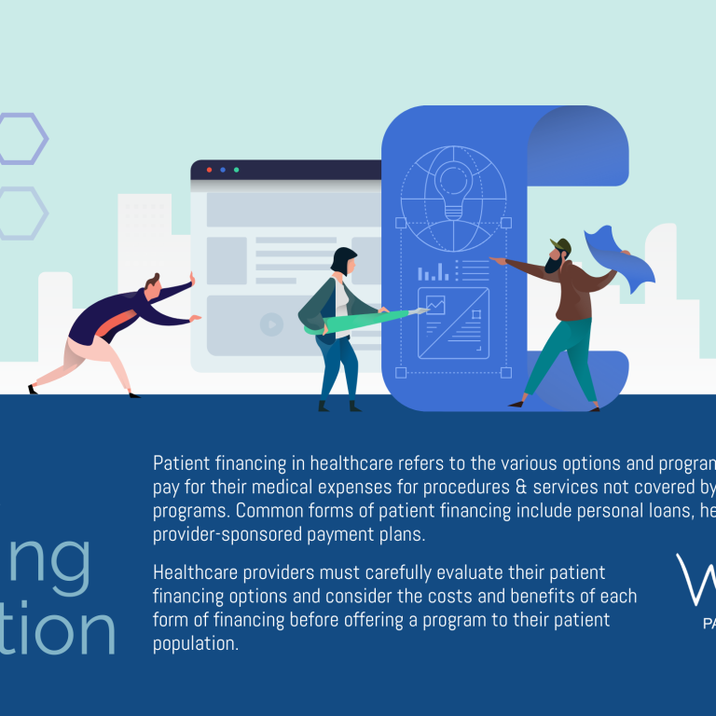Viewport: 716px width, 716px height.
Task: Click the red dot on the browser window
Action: point(208,170)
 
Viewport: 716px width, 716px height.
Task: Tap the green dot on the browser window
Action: point(236,170)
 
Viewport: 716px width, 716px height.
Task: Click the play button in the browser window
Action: point(271,324)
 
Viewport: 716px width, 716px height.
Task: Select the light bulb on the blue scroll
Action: point(453,186)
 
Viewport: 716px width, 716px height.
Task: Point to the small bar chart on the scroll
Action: point(433,272)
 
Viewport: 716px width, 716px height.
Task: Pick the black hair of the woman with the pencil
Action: point(343,259)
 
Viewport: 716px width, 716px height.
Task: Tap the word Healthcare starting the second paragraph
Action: point(197,571)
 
